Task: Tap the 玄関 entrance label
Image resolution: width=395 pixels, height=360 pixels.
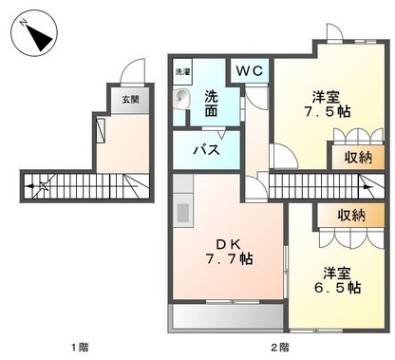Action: pos(127,98)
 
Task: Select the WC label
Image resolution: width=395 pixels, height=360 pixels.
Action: pos(250,70)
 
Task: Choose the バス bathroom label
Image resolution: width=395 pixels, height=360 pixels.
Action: pos(208,149)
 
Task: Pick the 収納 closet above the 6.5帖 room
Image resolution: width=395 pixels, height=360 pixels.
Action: pos(350,216)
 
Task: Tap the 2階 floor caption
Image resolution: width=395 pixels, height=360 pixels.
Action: pos(277,346)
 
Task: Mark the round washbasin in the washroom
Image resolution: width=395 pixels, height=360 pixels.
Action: pos(182,97)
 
